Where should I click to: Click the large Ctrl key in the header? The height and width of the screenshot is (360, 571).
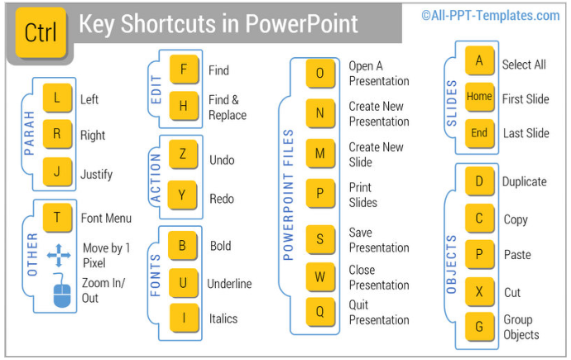point(41,32)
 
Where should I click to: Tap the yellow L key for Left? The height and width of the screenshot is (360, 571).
point(56,98)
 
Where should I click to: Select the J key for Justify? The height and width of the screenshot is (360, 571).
point(56,172)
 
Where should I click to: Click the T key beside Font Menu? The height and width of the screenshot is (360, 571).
point(57,218)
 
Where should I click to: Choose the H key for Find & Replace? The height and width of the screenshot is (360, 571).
point(183,107)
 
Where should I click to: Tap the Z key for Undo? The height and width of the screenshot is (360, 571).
point(183,155)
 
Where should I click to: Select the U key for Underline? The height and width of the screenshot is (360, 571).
point(183,282)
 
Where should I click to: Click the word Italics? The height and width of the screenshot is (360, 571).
point(223,319)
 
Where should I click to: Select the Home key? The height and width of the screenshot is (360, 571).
point(479,97)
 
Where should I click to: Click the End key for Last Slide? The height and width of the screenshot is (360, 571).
point(479,133)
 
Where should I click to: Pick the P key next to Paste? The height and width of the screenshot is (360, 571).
point(479,255)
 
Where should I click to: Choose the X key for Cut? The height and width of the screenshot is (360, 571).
point(479,291)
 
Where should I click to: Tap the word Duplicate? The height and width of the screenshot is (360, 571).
point(524,182)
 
